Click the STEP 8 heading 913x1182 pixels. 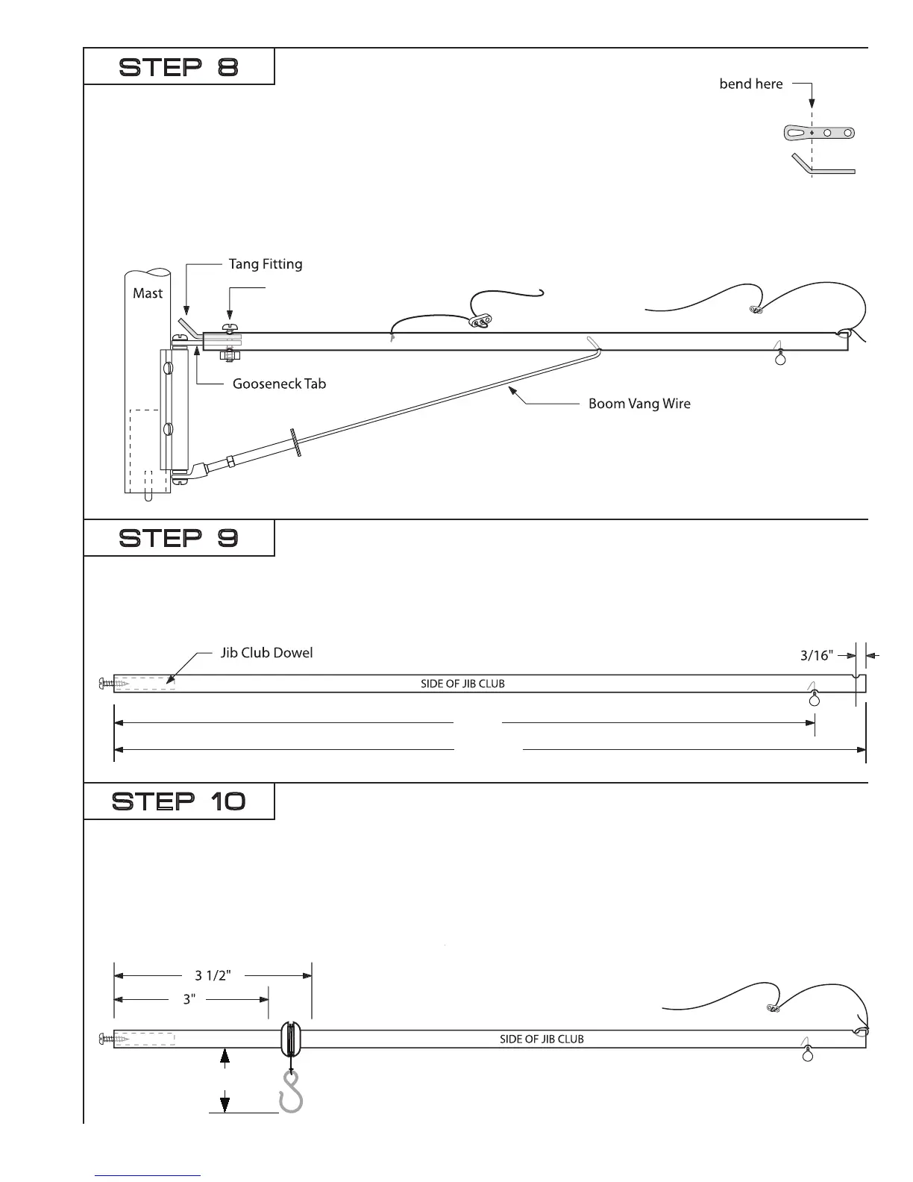tap(179, 68)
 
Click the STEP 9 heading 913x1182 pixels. tap(179, 538)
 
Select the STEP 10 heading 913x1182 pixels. tap(179, 802)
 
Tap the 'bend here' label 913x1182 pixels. tap(750, 84)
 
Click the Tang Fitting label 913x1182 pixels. tap(265, 264)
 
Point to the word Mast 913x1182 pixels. tap(147, 293)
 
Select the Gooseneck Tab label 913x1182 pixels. tap(279, 384)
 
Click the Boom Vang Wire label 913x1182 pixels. tap(639, 404)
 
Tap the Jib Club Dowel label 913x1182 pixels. tap(266, 653)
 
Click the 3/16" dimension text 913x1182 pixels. tap(816, 656)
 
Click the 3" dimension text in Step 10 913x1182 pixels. tap(189, 999)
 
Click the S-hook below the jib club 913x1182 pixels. tap(290, 1093)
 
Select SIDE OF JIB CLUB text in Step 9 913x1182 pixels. tap(462, 684)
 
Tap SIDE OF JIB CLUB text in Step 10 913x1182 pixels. tap(542, 1039)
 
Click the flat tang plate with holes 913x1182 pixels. tap(819, 134)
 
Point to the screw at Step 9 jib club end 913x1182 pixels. tap(107, 683)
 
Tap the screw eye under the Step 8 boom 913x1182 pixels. tap(780, 357)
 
